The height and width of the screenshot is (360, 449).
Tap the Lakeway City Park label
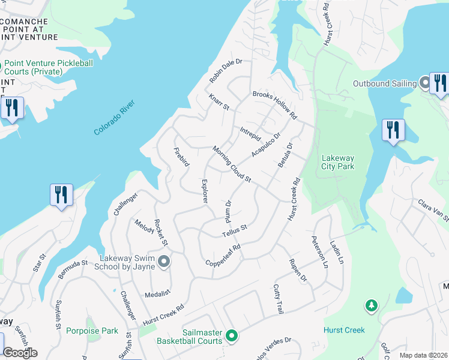[338, 163]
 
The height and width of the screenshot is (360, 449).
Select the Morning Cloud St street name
[231, 164]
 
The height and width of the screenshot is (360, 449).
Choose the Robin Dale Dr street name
[225, 71]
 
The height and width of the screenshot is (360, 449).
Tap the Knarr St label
[219, 102]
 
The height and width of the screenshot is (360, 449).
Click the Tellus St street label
[235, 230]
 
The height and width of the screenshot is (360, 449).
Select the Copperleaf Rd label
[223, 255]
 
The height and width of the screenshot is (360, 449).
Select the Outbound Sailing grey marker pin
[424, 83]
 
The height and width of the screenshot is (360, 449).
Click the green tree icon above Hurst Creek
[372, 306]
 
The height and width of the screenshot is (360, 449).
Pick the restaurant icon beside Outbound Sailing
[440, 84]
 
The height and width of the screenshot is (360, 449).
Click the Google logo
[20, 353]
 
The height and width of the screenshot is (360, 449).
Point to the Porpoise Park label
[92, 330]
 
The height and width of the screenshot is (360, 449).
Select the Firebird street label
[181, 156]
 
